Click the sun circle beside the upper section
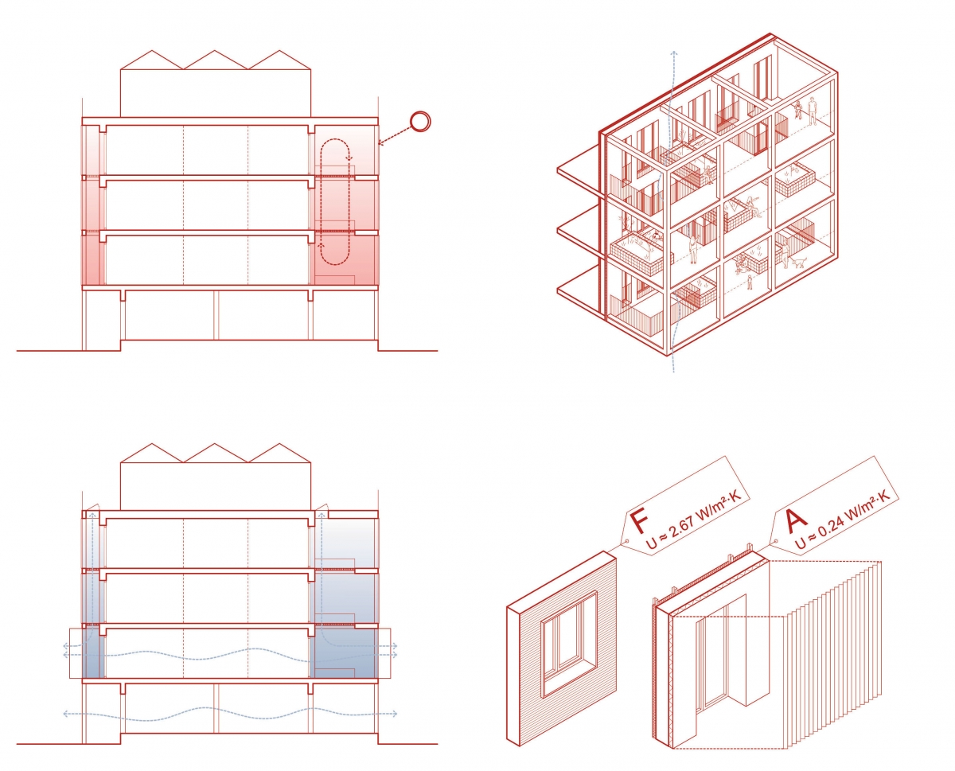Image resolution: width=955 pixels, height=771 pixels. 420,121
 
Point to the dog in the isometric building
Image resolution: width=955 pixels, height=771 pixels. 798,263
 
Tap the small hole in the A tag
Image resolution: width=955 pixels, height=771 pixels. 776,541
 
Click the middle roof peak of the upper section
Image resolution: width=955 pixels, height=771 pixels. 215,51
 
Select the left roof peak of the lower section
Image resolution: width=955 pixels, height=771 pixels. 152,444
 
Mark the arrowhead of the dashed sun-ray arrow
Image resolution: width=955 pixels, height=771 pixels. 381,143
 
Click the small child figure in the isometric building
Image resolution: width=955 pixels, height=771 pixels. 749,282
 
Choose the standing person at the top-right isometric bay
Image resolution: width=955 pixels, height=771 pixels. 812,113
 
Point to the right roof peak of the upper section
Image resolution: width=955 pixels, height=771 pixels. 279,51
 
